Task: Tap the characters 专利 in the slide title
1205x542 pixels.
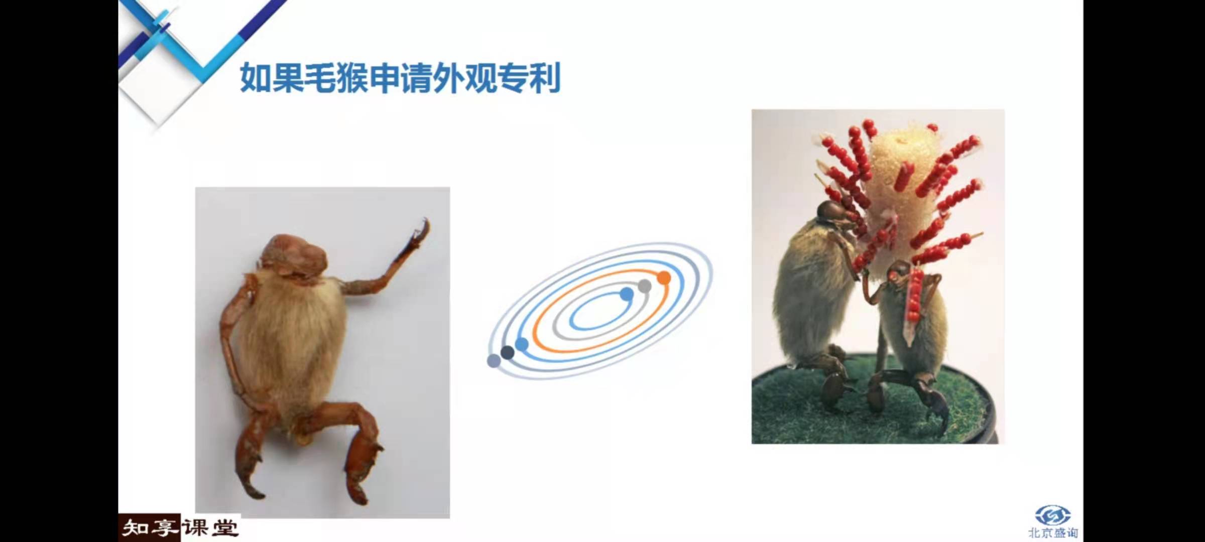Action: [x=529, y=78]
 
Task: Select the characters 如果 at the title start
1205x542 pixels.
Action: [x=272, y=78]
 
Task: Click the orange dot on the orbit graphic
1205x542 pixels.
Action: [x=664, y=278]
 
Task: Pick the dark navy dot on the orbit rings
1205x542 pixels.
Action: [x=508, y=352]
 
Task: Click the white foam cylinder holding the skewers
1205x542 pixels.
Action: [x=899, y=196]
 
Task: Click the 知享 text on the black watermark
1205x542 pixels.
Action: [x=150, y=528]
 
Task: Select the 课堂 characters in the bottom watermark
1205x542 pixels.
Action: [x=210, y=528]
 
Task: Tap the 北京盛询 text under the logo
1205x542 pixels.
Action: [x=1052, y=532]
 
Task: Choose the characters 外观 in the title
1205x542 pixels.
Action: [x=465, y=78]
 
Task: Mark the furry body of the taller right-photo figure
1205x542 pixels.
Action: [x=811, y=291]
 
